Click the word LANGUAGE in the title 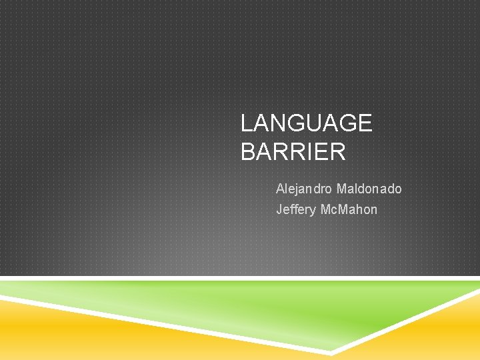pyautogui.click(x=306, y=123)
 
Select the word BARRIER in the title pyautogui.click(x=293, y=152)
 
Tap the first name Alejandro pyautogui.click(x=305, y=189)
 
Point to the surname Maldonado pyautogui.click(x=369, y=189)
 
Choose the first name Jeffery pyautogui.click(x=296, y=210)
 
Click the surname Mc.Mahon pyautogui.click(x=349, y=210)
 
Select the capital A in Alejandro pyautogui.click(x=281, y=189)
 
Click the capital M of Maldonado pyautogui.click(x=343, y=189)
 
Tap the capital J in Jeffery pyautogui.click(x=279, y=210)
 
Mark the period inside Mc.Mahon pyautogui.click(x=339, y=214)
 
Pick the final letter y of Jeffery pyautogui.click(x=313, y=211)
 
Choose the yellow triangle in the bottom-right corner pyautogui.click(x=440, y=333)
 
